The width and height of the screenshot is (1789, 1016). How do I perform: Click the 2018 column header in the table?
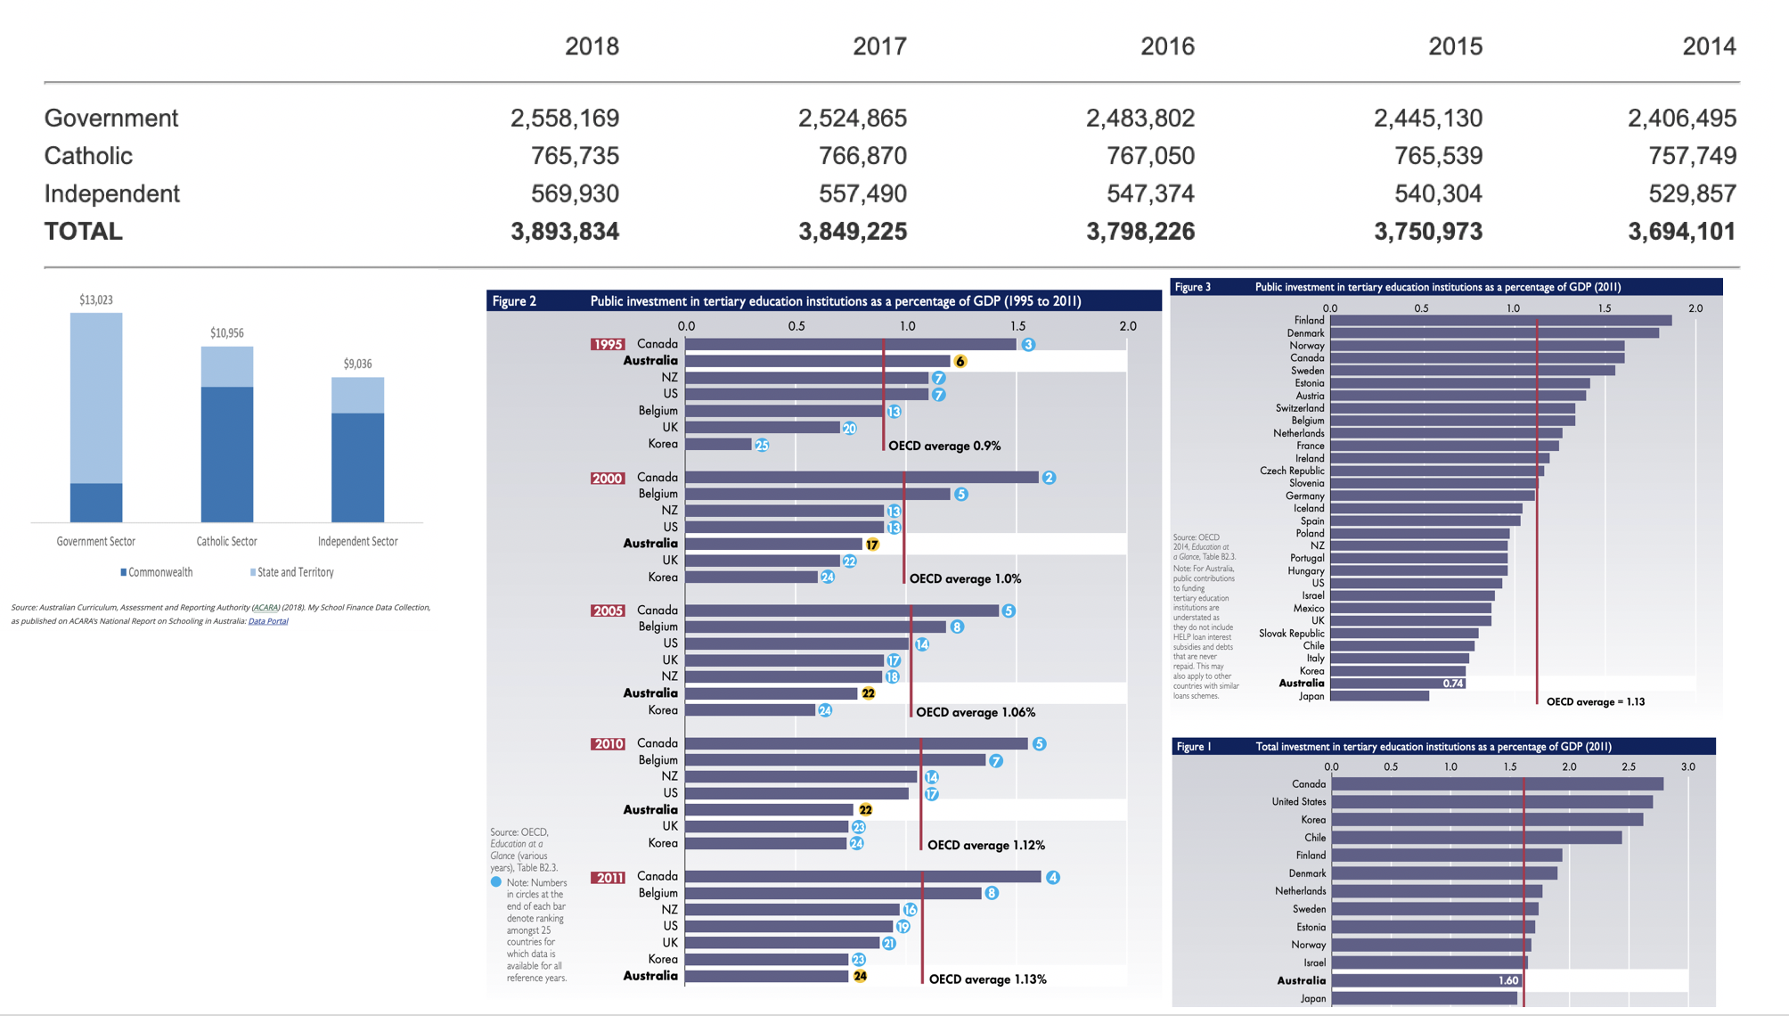[592, 46]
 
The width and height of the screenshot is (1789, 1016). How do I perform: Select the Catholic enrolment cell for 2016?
[1150, 156]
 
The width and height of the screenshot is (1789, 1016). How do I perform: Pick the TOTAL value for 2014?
[1681, 232]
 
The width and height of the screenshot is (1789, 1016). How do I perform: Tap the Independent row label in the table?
[112, 193]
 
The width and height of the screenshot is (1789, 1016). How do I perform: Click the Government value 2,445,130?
[1428, 118]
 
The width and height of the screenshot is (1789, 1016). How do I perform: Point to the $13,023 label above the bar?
[96, 300]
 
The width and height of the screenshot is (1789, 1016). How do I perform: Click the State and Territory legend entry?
[295, 572]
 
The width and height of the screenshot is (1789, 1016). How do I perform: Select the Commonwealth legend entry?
[159, 572]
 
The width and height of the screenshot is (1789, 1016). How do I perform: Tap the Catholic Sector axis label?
[226, 541]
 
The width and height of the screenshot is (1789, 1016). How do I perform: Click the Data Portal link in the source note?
[268, 621]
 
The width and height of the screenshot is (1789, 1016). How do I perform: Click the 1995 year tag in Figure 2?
[608, 344]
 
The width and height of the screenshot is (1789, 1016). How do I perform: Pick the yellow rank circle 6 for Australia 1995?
[960, 361]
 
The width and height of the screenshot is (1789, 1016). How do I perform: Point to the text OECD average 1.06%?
[976, 712]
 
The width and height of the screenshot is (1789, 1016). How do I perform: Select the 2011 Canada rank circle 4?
[1053, 877]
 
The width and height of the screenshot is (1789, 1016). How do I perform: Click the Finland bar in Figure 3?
[1500, 321]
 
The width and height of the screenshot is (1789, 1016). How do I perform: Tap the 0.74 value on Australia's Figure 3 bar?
[1453, 684]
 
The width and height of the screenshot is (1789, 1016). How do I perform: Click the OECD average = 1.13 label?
[1596, 702]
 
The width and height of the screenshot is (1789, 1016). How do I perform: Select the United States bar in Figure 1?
[1492, 802]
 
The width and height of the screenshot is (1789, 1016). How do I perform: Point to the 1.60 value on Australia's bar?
[1508, 980]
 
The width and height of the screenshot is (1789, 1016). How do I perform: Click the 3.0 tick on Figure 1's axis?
[1687, 766]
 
